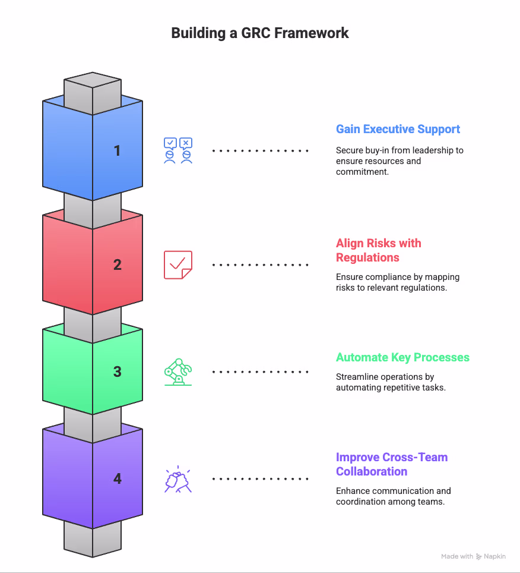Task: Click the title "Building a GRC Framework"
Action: pyautogui.click(x=260, y=33)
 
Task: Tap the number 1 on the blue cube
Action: pyautogui.click(x=118, y=151)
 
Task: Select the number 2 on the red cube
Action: pyautogui.click(x=118, y=265)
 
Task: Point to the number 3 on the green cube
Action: pyautogui.click(x=118, y=371)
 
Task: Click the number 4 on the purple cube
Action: pyautogui.click(x=118, y=478)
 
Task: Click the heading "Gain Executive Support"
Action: pyautogui.click(x=398, y=129)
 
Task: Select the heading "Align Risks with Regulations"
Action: pyautogui.click(x=378, y=250)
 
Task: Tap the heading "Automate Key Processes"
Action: pyautogui.click(x=402, y=357)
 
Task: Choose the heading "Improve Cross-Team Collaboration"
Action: pyautogui.click(x=391, y=464)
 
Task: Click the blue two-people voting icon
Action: pyautogui.click(x=178, y=150)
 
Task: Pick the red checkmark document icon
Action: pyautogui.click(x=178, y=265)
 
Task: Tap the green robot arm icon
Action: pyautogui.click(x=178, y=372)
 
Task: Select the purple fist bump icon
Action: pyautogui.click(x=178, y=479)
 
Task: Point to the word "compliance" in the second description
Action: pyautogui.click(x=385, y=277)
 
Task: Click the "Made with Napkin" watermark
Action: pyautogui.click(x=473, y=557)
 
